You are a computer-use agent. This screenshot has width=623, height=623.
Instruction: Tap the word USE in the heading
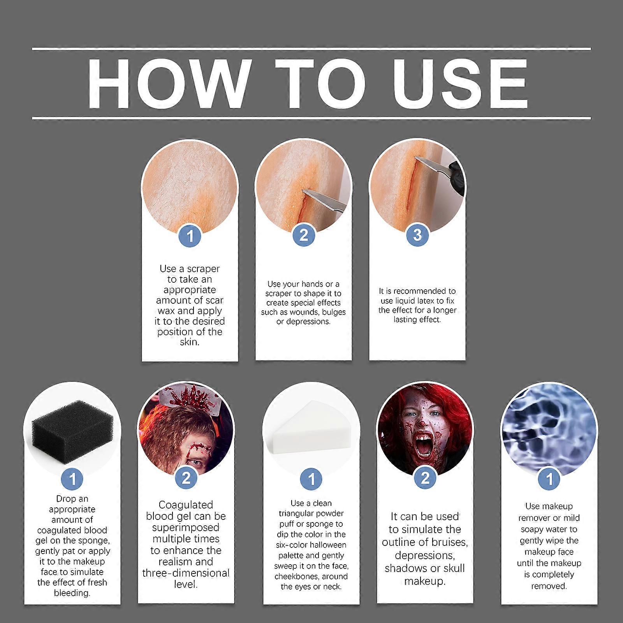point(461,84)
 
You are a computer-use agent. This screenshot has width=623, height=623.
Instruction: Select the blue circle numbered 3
point(417,235)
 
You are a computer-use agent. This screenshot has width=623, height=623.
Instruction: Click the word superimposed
point(186,528)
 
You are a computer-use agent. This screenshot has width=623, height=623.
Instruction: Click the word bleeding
point(72,593)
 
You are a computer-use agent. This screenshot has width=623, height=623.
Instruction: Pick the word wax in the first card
point(167,311)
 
